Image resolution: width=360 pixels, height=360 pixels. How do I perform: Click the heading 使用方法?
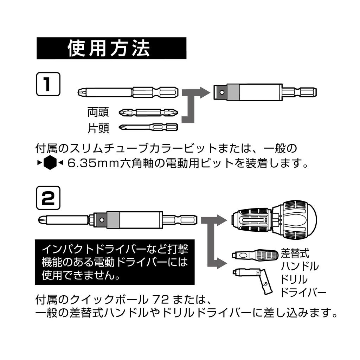[109, 48]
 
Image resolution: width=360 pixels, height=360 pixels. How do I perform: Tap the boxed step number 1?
[48, 84]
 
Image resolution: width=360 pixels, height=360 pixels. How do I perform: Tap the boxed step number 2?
[48, 198]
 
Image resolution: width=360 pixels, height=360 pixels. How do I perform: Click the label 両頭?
[98, 112]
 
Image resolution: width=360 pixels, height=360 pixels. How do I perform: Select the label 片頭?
[98, 128]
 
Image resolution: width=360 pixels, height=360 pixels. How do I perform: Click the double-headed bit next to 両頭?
[148, 112]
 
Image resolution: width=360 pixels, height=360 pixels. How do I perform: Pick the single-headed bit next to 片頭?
[148, 127]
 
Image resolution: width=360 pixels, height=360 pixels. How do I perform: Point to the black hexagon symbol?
[50, 162]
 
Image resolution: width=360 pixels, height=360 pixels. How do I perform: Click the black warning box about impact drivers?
[115, 262]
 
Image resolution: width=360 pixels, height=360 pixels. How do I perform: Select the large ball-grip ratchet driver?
[274, 220]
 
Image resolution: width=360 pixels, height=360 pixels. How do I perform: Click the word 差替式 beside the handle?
[295, 253]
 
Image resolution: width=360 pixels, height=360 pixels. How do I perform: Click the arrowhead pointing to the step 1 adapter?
[205, 93]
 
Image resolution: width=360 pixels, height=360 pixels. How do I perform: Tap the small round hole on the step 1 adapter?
[222, 92]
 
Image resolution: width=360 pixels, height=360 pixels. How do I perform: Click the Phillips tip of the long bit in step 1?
[81, 92]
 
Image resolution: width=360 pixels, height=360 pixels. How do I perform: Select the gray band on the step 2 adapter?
[114, 220]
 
